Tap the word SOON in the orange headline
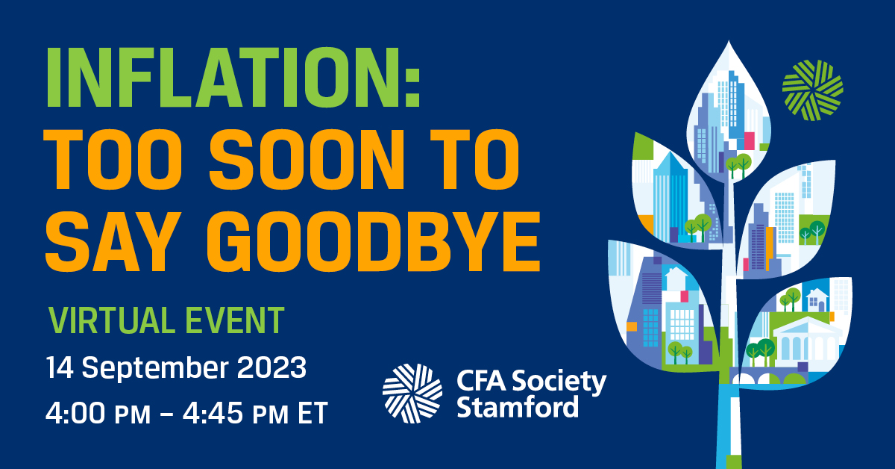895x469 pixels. pos(307,160)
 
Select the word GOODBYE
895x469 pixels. pos(374,242)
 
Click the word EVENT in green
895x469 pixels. pos(235,320)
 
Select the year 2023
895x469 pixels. pos(271,367)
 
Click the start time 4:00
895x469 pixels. pos(75,412)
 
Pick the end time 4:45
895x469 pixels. pos(213,412)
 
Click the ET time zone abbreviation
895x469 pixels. pos(313,413)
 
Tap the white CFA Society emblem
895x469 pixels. pos(412,394)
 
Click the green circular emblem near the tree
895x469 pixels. pos(813,90)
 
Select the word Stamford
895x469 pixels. pos(518,407)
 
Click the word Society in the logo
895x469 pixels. pos(559,382)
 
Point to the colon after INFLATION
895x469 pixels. pos(414,87)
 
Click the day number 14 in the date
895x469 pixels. pos(60,367)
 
